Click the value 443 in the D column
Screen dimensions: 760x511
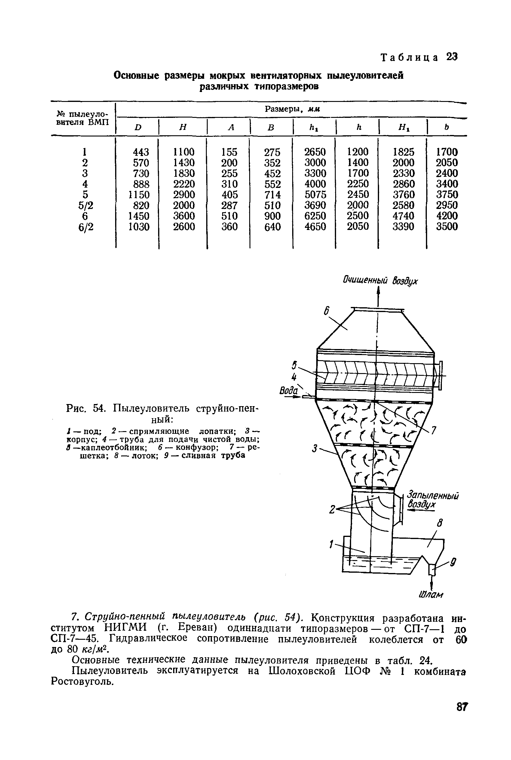pyautogui.click(x=141, y=152)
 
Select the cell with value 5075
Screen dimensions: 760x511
pyautogui.click(x=315, y=195)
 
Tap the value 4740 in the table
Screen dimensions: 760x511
pyautogui.click(x=403, y=216)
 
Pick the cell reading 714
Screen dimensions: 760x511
pyautogui.click(x=272, y=195)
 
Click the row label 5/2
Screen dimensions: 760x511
pyautogui.click(x=85, y=205)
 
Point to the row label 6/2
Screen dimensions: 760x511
pyautogui.click(x=86, y=226)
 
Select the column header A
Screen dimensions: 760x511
pyautogui.click(x=231, y=127)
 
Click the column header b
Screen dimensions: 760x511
pyautogui.click(x=446, y=127)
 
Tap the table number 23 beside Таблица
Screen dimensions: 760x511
pyautogui.click(x=452, y=57)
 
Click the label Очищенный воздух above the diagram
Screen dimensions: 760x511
pyautogui.click(x=380, y=280)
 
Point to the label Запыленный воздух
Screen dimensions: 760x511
pyautogui.click(x=433, y=499)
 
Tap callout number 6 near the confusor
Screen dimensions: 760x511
pyautogui.click(x=326, y=311)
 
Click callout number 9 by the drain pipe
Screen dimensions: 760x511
pyautogui.click(x=453, y=562)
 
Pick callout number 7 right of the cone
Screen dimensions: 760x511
pyautogui.click(x=433, y=430)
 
